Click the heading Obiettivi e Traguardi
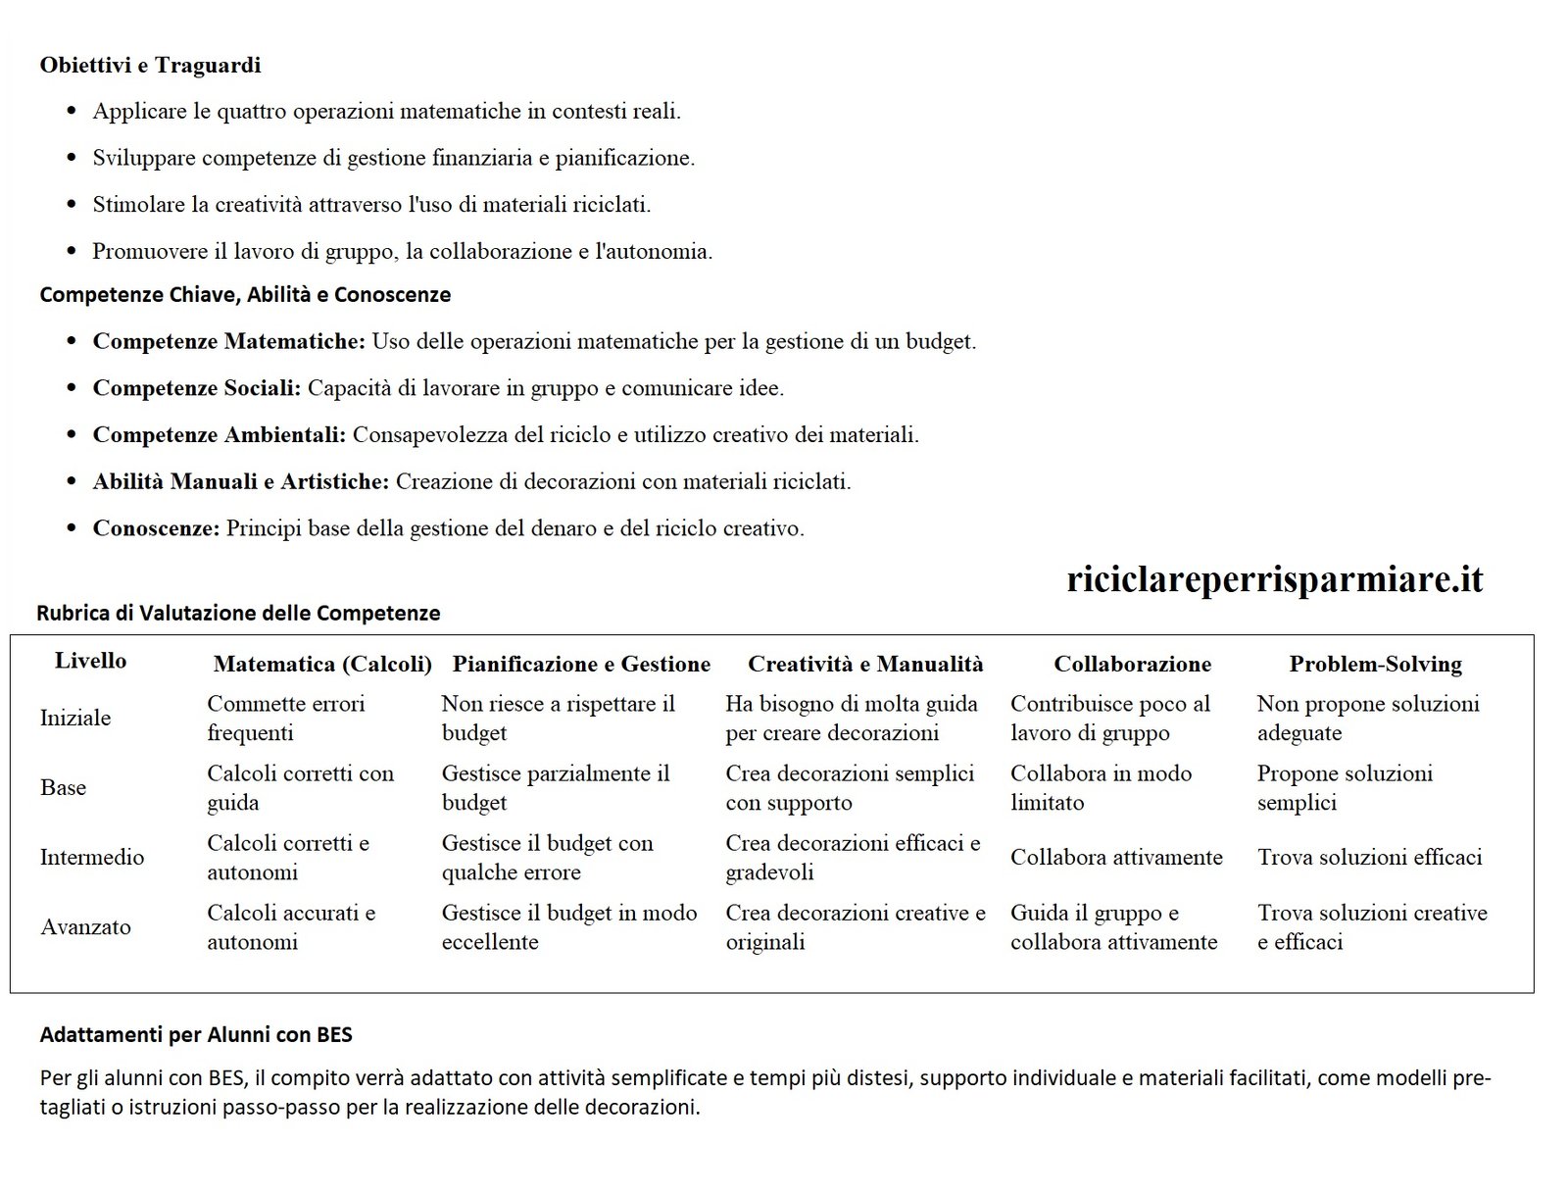150,66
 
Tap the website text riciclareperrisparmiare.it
1274,579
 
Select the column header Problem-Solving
1375,665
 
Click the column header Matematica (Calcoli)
322,665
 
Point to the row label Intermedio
92,858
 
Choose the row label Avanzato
85,927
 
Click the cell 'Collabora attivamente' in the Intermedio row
1116,858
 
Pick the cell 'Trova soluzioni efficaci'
1369,858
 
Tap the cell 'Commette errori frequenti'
285,719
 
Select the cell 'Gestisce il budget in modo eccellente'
568,927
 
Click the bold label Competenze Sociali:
196,388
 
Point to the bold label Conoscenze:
156,528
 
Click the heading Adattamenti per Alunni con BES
196,1034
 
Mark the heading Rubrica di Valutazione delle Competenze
238,614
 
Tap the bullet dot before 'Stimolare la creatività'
71,205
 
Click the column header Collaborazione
1132,665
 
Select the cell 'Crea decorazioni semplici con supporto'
850,788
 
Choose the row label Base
63,788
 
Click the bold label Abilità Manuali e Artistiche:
241,482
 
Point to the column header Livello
90,661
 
